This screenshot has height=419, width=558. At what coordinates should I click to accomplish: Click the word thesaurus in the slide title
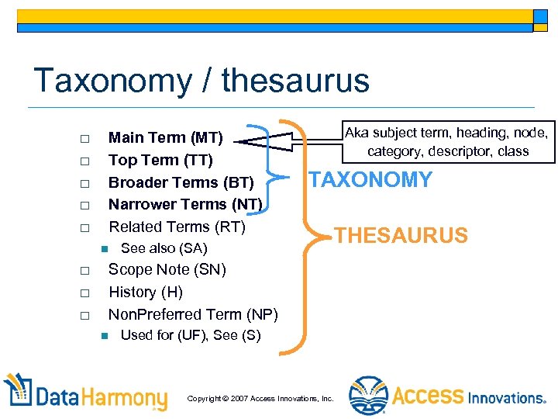click(294, 80)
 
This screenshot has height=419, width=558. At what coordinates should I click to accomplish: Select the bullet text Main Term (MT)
click(166, 138)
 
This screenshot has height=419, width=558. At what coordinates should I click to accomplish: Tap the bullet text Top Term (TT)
click(160, 160)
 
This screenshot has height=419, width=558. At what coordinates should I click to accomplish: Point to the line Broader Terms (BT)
click(181, 182)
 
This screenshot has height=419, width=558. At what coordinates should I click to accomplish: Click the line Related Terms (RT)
click(177, 227)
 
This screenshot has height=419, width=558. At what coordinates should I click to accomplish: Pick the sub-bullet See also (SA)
click(164, 248)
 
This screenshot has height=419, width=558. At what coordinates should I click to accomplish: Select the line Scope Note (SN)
click(167, 270)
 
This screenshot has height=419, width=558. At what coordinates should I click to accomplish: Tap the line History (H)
click(146, 292)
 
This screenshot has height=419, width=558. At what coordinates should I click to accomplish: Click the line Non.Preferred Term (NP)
click(193, 314)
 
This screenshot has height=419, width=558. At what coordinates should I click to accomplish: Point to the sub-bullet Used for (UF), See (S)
click(191, 335)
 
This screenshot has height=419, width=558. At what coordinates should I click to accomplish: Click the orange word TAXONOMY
click(370, 180)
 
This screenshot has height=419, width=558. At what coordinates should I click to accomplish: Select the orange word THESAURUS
click(401, 235)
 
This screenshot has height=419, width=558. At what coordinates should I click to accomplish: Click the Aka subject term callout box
click(447, 141)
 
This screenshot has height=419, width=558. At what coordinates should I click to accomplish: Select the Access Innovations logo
click(448, 396)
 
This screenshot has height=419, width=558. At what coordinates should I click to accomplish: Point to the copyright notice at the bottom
click(260, 398)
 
